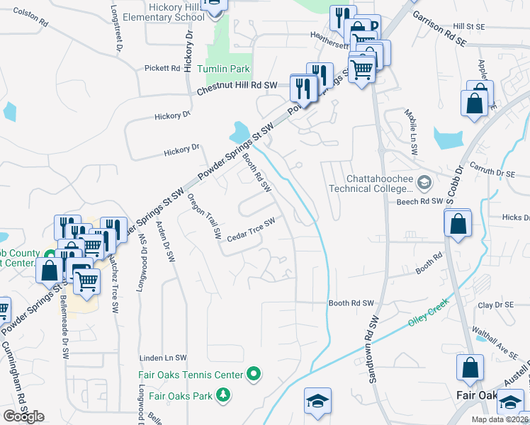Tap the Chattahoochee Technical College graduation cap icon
coord(424,183)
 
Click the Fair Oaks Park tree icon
coord(224,394)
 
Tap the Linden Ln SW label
coord(163,358)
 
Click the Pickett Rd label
coord(162,69)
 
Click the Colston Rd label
coord(30,18)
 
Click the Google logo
coord(23,416)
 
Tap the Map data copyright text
coord(500,419)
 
